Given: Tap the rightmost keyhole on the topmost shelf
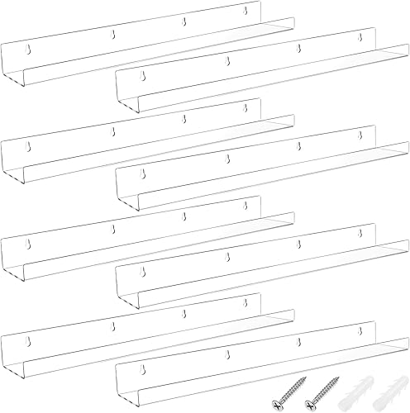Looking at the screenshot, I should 245,12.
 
